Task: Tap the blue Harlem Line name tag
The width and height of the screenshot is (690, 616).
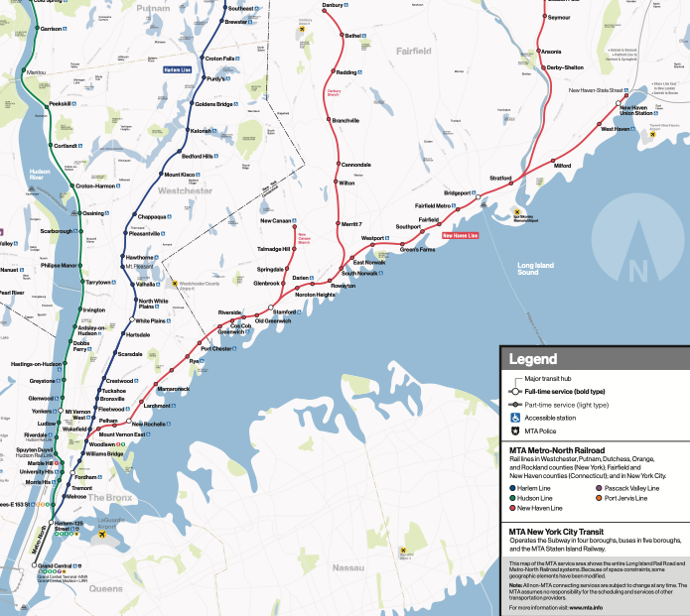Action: click(x=177, y=69)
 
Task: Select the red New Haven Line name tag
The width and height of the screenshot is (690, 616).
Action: click(x=460, y=235)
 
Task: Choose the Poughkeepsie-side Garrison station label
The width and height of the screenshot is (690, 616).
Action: click(x=52, y=28)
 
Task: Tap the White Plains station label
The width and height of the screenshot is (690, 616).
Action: click(x=150, y=320)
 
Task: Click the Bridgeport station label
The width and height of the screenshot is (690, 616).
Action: click(x=457, y=192)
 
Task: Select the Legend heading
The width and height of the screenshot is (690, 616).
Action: click(x=533, y=359)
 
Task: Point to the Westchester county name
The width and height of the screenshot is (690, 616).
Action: click(x=186, y=189)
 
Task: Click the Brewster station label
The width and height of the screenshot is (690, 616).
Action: click(x=235, y=21)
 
